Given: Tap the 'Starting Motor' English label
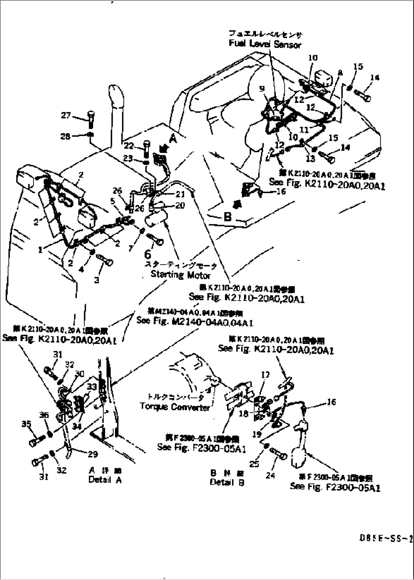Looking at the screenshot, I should click(180, 274).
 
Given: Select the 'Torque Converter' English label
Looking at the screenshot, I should click(175, 407).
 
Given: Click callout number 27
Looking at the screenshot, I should click(66, 115).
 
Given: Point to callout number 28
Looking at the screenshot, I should click(65, 136).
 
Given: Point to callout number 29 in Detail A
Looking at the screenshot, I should click(92, 454).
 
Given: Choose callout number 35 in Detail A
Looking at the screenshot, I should click(26, 424).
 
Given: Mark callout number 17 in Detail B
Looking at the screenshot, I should click(265, 375).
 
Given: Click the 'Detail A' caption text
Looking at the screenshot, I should click(105, 479).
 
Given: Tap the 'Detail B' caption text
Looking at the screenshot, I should click(227, 482).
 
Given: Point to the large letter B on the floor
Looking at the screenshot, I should click(228, 217).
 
